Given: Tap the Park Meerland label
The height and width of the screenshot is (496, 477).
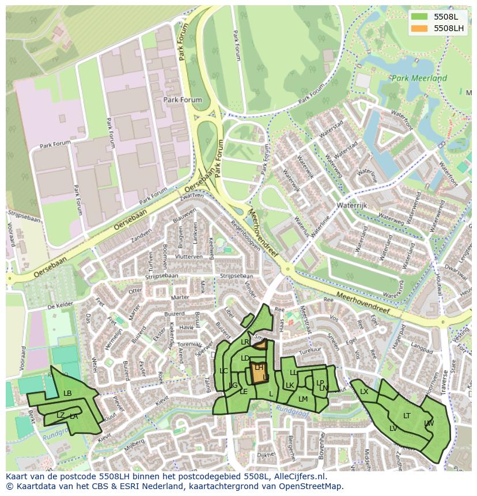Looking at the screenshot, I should (418, 78).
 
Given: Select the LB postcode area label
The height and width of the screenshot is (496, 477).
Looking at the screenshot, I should (67, 393).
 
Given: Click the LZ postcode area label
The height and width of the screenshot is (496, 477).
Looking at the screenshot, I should (60, 415).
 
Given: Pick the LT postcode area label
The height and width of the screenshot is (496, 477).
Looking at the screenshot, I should (407, 415).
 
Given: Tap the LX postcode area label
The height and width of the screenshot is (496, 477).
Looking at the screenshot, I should (364, 392).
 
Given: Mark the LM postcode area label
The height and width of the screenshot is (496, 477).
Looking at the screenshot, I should (303, 399).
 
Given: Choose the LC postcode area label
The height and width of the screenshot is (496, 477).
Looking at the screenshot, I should (224, 370).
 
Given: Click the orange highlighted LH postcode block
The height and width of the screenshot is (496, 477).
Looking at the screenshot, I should (259, 373).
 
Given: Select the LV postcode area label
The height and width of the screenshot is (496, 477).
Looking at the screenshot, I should (393, 428).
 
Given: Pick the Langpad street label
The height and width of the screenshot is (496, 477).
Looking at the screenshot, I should (422, 349).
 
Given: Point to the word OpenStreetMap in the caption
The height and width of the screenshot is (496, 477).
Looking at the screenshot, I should (311, 486).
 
